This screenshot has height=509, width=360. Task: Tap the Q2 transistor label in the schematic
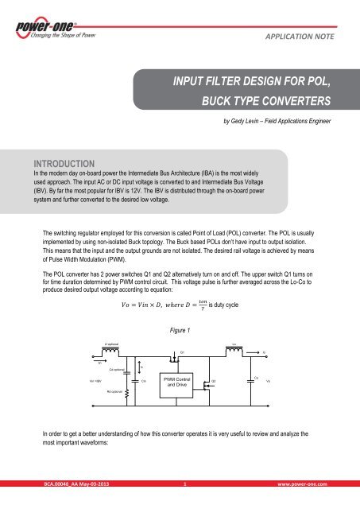pos(213,382)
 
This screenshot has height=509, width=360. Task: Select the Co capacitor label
pos(255,377)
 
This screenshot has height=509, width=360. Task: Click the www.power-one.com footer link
pos(307,504)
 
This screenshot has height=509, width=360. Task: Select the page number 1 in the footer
pos(184,504)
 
